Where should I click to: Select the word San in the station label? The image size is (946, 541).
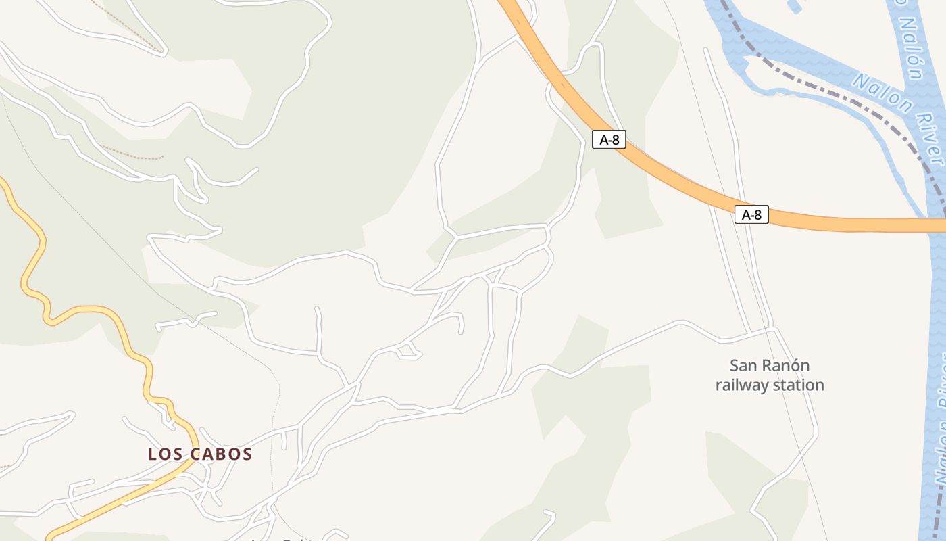744,366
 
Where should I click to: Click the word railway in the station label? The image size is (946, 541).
742,385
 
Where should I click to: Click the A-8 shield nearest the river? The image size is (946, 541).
751,215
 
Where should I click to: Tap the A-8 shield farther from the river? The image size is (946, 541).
609,140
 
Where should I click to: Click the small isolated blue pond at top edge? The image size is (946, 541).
795,6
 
